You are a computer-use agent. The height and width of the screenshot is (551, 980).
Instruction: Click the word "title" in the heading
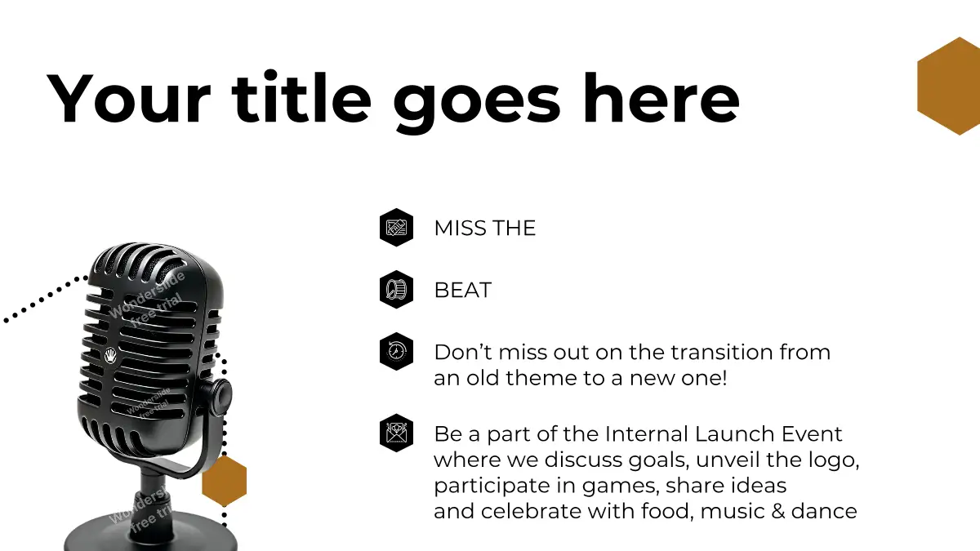click(301, 98)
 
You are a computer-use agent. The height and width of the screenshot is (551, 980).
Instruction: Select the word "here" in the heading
click(661, 98)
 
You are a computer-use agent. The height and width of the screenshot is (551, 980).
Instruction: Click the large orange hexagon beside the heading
click(948, 87)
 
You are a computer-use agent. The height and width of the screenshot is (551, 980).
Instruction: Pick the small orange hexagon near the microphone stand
click(225, 481)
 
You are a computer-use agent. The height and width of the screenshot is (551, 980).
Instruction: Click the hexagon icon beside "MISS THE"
click(396, 228)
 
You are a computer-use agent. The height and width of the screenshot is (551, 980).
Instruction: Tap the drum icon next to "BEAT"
click(396, 290)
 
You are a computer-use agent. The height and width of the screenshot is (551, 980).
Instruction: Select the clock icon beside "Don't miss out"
click(396, 352)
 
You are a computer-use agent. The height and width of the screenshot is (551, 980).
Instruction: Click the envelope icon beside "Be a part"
click(396, 433)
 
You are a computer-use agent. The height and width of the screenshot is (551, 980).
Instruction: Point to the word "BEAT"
click(463, 290)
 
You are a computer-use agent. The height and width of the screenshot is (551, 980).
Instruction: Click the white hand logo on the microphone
click(111, 355)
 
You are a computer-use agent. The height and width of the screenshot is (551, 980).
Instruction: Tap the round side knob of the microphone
click(221, 398)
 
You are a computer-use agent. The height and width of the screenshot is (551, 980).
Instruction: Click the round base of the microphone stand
click(150, 534)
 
